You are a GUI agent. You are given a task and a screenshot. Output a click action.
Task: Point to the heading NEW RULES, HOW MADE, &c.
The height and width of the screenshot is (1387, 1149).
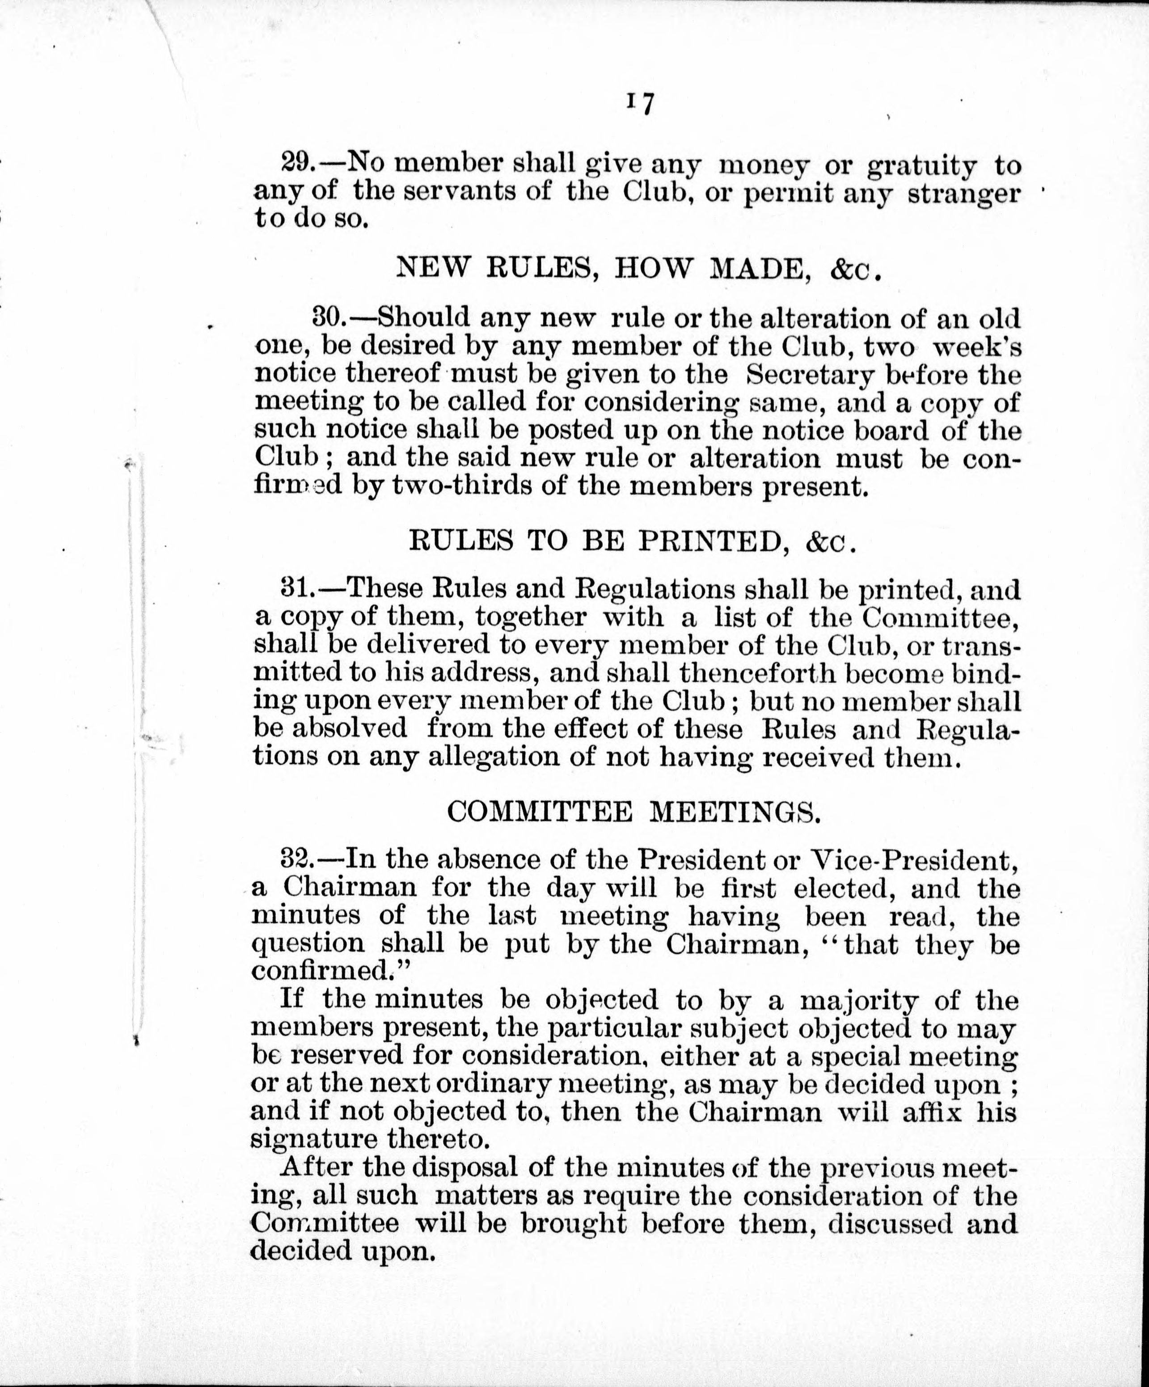638,268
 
